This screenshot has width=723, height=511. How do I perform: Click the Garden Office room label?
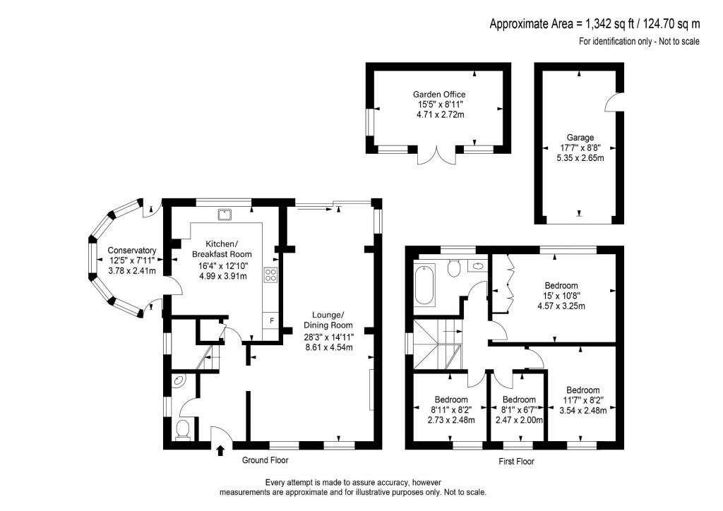click(x=439, y=95)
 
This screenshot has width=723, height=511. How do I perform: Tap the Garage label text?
click(x=580, y=138)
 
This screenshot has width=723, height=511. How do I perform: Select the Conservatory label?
click(x=132, y=250)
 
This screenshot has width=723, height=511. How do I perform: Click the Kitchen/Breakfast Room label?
click(x=222, y=249)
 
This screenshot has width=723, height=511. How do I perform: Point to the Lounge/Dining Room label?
click(x=328, y=320)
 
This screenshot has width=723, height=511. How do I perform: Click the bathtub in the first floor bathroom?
click(x=424, y=284)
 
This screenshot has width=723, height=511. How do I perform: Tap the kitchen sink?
click(x=225, y=215)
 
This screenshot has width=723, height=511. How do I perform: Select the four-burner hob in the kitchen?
click(x=270, y=275)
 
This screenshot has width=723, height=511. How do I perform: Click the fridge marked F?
click(x=271, y=320)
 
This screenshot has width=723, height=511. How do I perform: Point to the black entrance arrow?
click(x=220, y=450)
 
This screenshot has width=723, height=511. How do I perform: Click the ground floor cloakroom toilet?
click(x=183, y=429)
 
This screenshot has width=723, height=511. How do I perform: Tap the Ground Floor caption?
click(x=265, y=460)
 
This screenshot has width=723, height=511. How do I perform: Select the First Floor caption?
click(x=516, y=461)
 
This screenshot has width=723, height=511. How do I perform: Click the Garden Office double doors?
click(x=436, y=156)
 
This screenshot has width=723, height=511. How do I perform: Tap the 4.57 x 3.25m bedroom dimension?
click(x=561, y=306)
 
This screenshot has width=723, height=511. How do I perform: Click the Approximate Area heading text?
click(x=594, y=23)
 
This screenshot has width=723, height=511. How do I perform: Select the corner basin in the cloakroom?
click(x=179, y=380)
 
